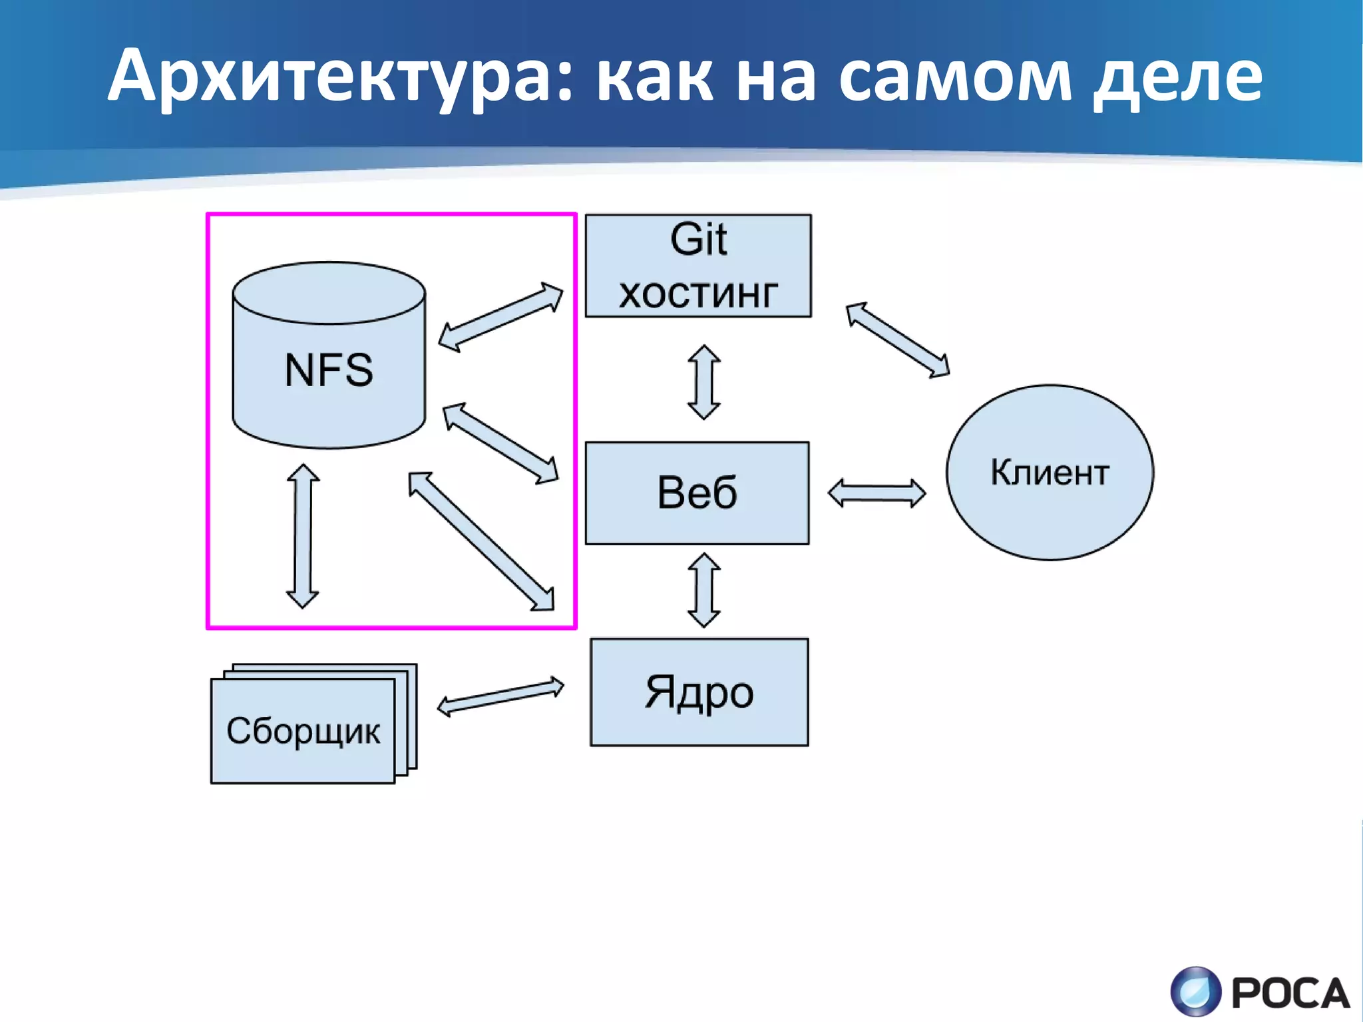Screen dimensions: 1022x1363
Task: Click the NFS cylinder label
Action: click(x=329, y=370)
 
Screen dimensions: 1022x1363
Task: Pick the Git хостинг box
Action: click(x=698, y=266)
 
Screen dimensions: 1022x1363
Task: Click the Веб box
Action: click(x=697, y=493)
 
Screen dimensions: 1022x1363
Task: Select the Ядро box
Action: click(x=699, y=692)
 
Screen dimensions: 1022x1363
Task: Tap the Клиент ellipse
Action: click(x=1050, y=472)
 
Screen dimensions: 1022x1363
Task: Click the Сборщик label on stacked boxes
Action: click(x=303, y=731)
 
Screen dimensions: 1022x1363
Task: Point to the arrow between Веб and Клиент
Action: click(x=876, y=493)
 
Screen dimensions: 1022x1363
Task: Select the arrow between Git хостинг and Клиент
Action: click(x=897, y=340)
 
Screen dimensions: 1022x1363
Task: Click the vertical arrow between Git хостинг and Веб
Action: click(x=703, y=382)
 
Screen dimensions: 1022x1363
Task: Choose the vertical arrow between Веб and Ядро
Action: click(x=703, y=590)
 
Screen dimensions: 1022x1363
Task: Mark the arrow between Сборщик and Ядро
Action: click(x=500, y=696)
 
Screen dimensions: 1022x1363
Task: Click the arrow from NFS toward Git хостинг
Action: click(x=500, y=316)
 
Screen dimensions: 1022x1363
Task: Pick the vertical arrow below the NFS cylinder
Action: click(x=303, y=536)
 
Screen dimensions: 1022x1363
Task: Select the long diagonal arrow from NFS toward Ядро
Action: click(x=481, y=541)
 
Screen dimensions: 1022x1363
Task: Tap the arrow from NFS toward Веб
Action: click(x=500, y=443)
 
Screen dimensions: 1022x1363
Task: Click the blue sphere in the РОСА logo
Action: click(x=1196, y=993)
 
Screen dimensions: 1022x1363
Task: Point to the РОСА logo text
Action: click(x=1290, y=994)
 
